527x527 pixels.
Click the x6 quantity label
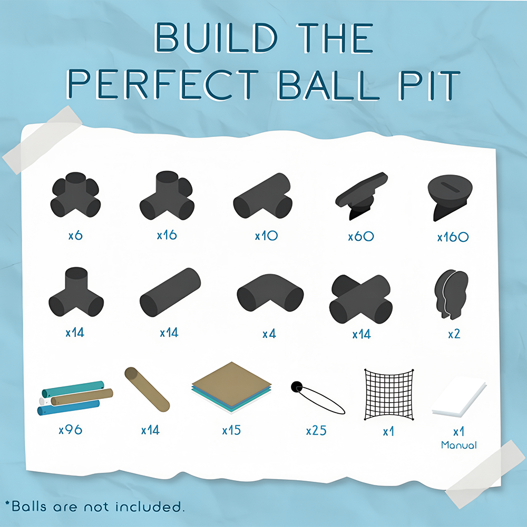click(75, 235)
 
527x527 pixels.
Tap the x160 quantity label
click(453, 237)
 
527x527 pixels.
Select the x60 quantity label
click(361, 237)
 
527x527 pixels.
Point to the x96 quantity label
click(71, 430)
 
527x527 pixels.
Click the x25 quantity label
click(316, 431)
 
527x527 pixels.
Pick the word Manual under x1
click(459, 445)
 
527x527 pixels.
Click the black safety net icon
click(389, 395)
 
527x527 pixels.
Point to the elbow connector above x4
click(270, 292)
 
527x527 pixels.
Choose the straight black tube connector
click(170, 292)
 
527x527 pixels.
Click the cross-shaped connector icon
click(360, 299)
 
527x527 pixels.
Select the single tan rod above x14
click(147, 389)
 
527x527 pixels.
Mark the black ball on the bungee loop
click(297, 387)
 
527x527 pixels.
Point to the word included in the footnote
click(149, 506)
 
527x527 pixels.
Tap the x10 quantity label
click(266, 236)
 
